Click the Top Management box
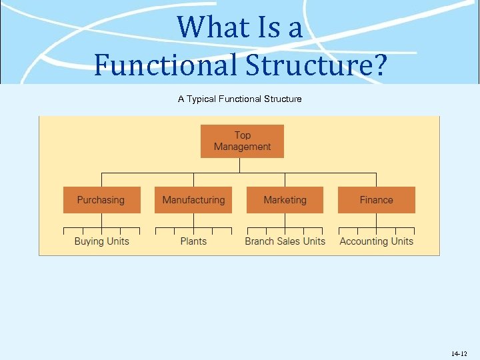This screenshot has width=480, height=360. pyautogui.click(x=242, y=141)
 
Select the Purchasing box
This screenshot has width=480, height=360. pyautogui.click(x=101, y=200)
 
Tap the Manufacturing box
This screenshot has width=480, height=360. pyautogui.click(x=193, y=200)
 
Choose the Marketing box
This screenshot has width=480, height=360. pyautogui.click(x=285, y=200)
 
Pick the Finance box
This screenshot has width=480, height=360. pyautogui.click(x=376, y=200)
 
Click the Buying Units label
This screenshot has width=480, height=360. pyautogui.click(x=101, y=241)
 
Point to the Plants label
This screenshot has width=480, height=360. pyautogui.click(x=193, y=241)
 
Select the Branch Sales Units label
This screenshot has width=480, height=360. pyautogui.click(x=285, y=241)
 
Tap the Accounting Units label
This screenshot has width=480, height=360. pyautogui.click(x=376, y=241)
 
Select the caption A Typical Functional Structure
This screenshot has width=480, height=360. pyautogui.click(x=239, y=99)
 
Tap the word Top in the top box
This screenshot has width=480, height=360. pyautogui.click(x=243, y=135)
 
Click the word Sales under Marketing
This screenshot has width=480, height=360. pyautogui.click(x=289, y=241)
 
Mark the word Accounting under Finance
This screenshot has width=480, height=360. pyautogui.click(x=364, y=241)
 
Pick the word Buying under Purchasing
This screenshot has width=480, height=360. pyautogui.click(x=89, y=241)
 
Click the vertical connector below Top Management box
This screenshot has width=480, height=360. pyautogui.click(x=242, y=165)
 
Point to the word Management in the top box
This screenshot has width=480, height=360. pyautogui.click(x=243, y=147)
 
